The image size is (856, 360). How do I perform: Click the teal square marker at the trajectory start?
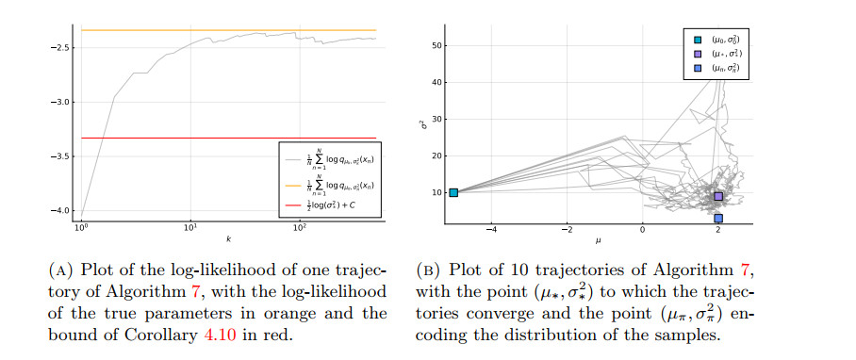453,192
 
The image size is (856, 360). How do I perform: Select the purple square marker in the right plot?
718,196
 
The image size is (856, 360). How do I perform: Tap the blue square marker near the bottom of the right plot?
718,218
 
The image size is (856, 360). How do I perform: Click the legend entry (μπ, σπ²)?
727,69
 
